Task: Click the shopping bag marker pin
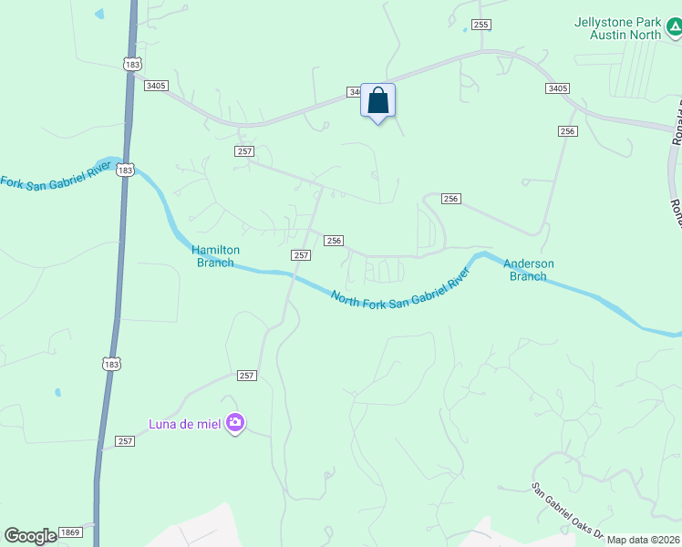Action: (x=378, y=101)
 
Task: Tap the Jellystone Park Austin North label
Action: (x=617, y=28)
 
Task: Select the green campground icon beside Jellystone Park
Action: (x=673, y=28)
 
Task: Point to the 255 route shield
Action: (x=481, y=25)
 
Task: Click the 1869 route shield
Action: (x=70, y=532)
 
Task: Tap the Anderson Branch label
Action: (x=530, y=270)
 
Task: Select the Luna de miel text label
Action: (x=187, y=422)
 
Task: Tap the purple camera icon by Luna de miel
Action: (x=235, y=422)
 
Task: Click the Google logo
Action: (x=30, y=536)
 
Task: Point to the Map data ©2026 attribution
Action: (x=643, y=540)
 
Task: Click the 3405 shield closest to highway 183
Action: (x=156, y=86)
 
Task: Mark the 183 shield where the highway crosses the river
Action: (x=126, y=170)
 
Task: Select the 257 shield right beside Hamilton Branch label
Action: (x=301, y=254)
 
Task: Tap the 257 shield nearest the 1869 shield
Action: (x=125, y=441)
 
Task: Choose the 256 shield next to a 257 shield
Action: (x=334, y=241)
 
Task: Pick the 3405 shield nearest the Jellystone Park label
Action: (x=557, y=88)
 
